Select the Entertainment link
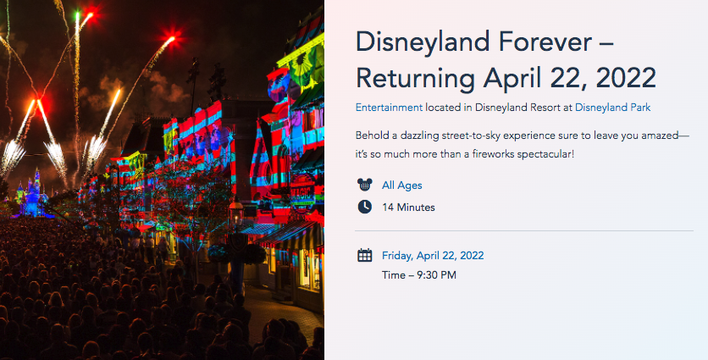click(389, 108)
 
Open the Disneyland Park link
click(612, 108)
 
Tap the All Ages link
click(402, 186)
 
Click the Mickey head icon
click(364, 185)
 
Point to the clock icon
click(364, 207)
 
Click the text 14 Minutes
click(408, 208)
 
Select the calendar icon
click(364, 255)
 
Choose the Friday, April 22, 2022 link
click(433, 256)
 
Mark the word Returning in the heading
click(415, 78)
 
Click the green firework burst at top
click(77, 16)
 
